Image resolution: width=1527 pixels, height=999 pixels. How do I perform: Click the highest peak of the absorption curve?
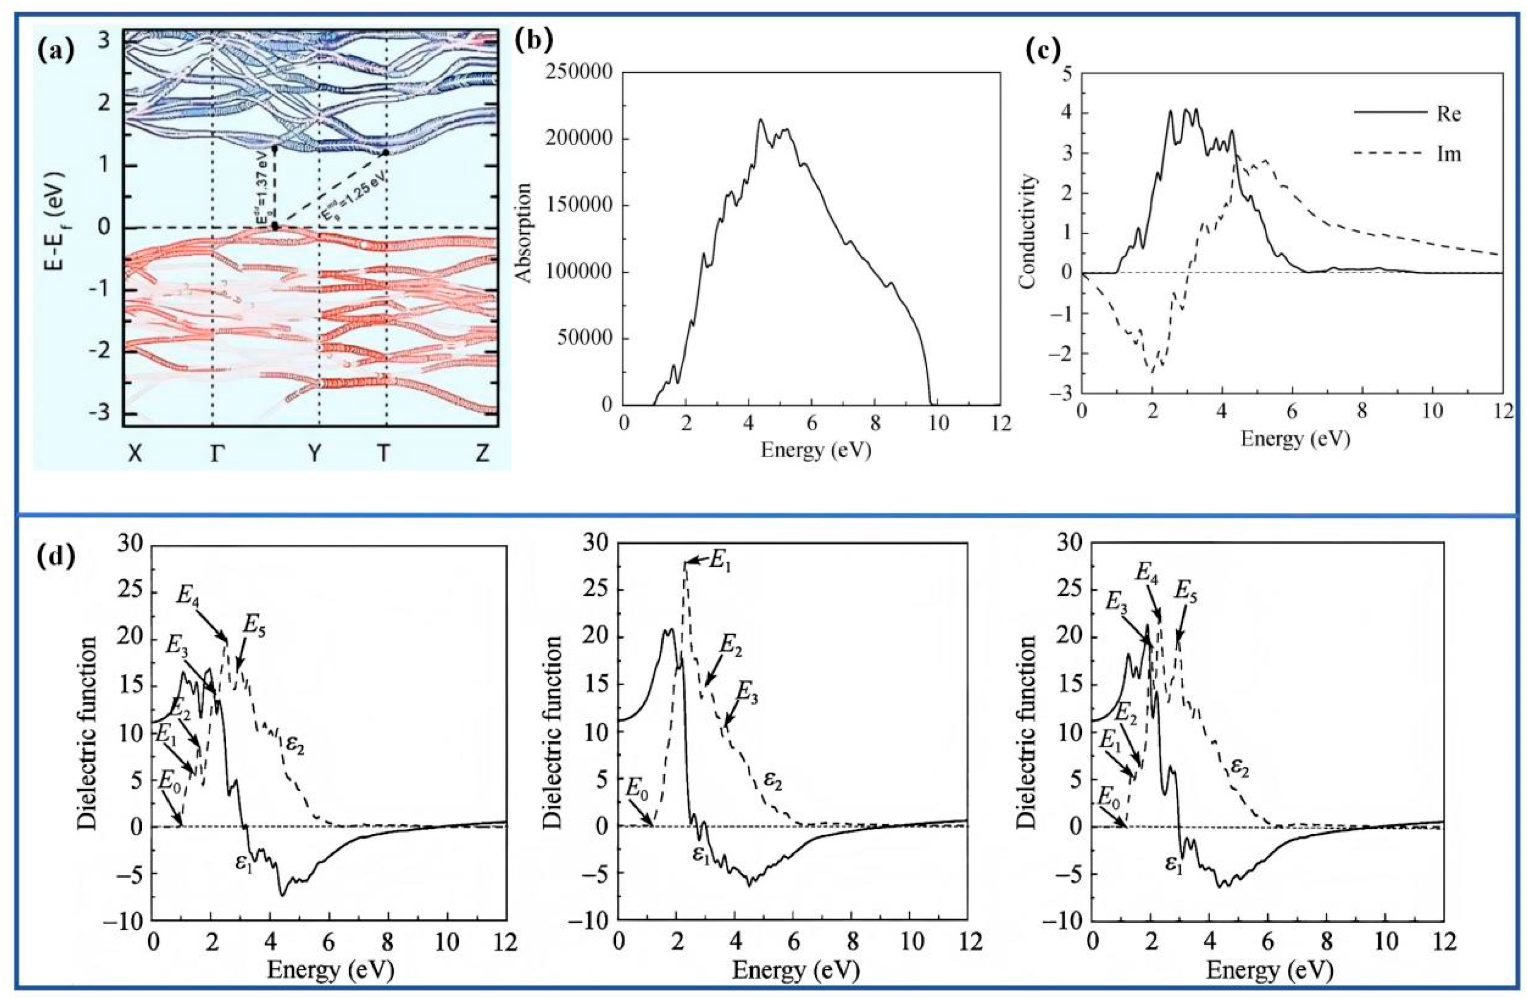[x=761, y=120]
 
